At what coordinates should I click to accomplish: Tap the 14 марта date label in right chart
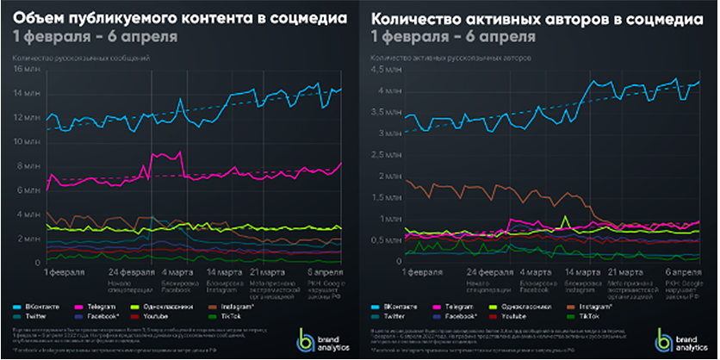[582, 272]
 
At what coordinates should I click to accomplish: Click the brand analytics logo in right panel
[673, 339]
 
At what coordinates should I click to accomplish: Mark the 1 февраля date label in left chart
[65, 272]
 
